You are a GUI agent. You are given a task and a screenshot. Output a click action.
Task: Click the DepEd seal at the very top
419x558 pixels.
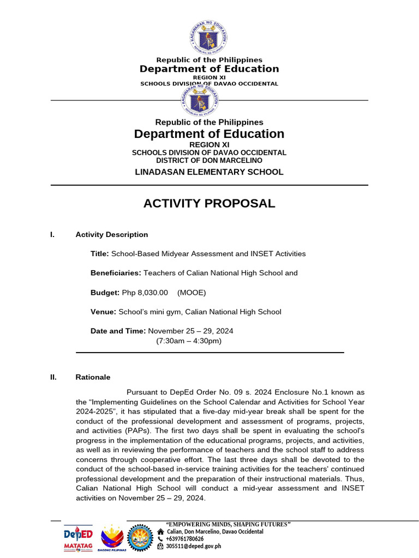click(209, 37)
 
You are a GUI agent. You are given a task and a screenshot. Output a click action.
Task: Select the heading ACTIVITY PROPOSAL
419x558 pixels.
click(209, 204)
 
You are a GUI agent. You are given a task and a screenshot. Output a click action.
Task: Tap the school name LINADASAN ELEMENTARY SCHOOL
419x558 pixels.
click(209, 172)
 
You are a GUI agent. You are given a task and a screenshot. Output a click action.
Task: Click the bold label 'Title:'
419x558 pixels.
click(100, 254)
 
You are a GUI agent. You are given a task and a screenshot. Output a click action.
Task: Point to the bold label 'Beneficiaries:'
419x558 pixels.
click(116, 273)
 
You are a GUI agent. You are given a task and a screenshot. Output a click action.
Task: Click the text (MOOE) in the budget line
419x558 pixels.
click(191, 293)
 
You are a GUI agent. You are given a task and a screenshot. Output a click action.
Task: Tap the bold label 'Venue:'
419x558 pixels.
click(103, 312)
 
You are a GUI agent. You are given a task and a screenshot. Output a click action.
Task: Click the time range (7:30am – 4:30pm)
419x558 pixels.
click(189, 341)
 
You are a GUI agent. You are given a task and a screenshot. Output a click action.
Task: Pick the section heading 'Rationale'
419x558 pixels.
click(93, 377)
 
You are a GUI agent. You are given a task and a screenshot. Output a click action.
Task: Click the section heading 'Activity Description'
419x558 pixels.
click(112, 235)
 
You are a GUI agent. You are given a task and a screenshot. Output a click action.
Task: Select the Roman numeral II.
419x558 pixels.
click(53, 377)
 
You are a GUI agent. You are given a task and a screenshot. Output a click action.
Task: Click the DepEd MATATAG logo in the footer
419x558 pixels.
click(78, 538)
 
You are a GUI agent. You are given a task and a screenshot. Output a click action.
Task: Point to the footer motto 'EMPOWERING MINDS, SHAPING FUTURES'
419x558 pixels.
click(228, 524)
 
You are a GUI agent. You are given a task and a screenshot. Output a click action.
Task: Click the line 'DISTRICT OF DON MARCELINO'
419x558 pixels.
click(209, 161)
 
